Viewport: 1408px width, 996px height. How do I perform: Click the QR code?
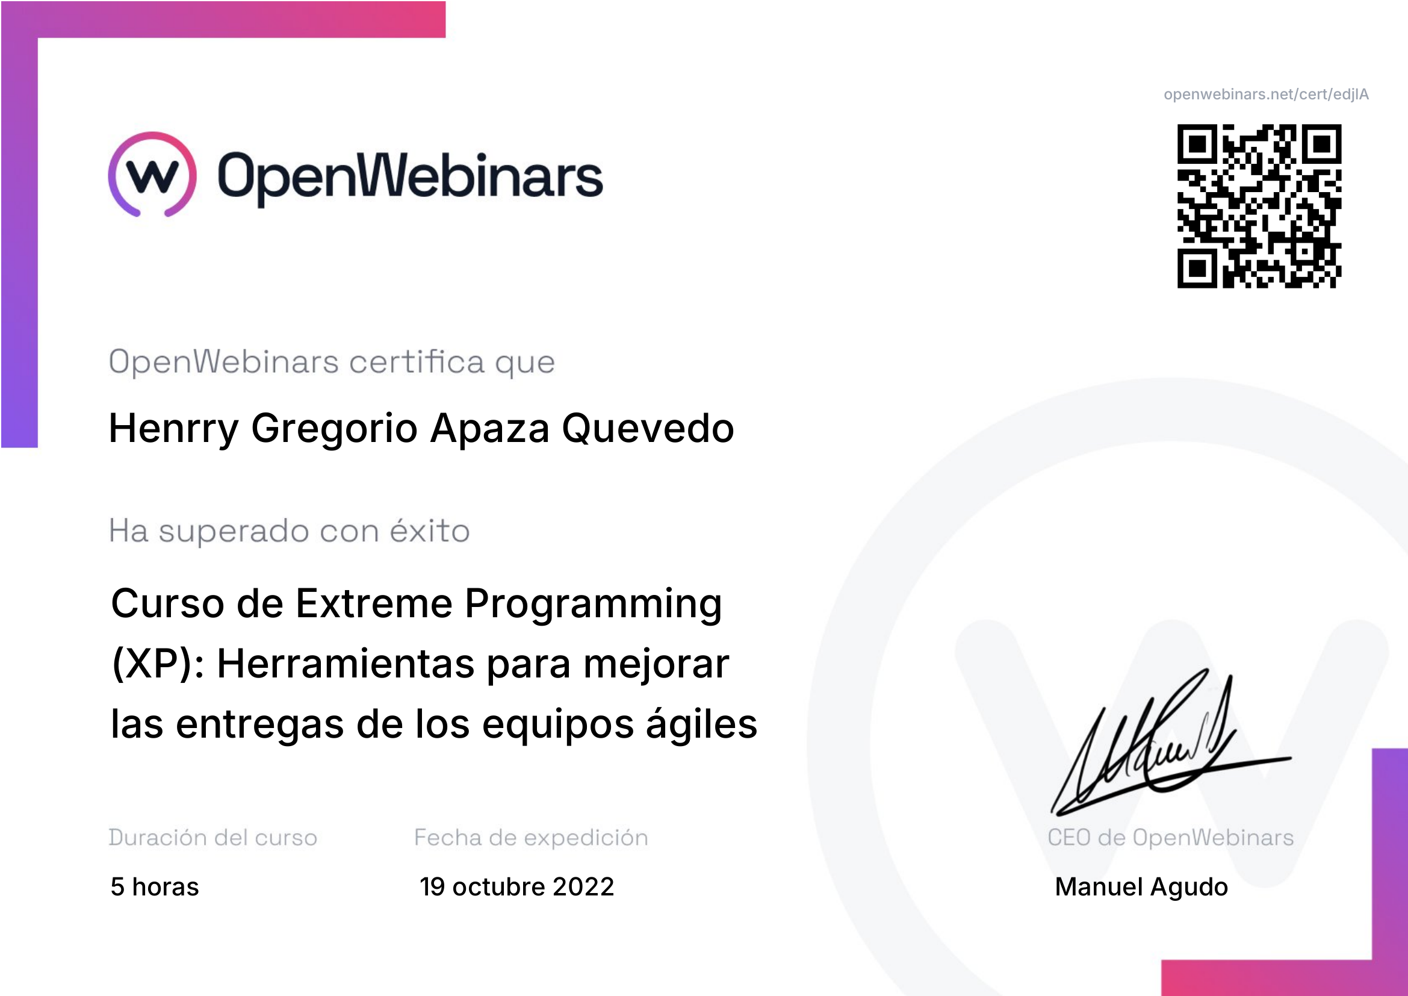point(1259,206)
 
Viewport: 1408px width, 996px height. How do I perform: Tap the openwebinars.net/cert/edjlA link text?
point(1266,95)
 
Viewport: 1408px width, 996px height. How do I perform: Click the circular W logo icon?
point(152,174)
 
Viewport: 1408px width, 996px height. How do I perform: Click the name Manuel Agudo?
point(1141,887)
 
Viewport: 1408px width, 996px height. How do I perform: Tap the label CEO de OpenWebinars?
point(1170,837)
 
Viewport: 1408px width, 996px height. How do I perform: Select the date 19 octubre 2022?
point(516,886)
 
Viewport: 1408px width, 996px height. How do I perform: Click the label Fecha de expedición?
point(531,837)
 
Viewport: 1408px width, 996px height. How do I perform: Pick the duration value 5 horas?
point(155,887)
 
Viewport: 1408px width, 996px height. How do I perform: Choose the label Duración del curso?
point(212,837)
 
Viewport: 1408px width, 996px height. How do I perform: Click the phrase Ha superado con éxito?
point(290,531)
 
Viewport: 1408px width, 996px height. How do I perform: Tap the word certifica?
point(417,362)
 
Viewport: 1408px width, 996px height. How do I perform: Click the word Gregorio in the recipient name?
point(334,428)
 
